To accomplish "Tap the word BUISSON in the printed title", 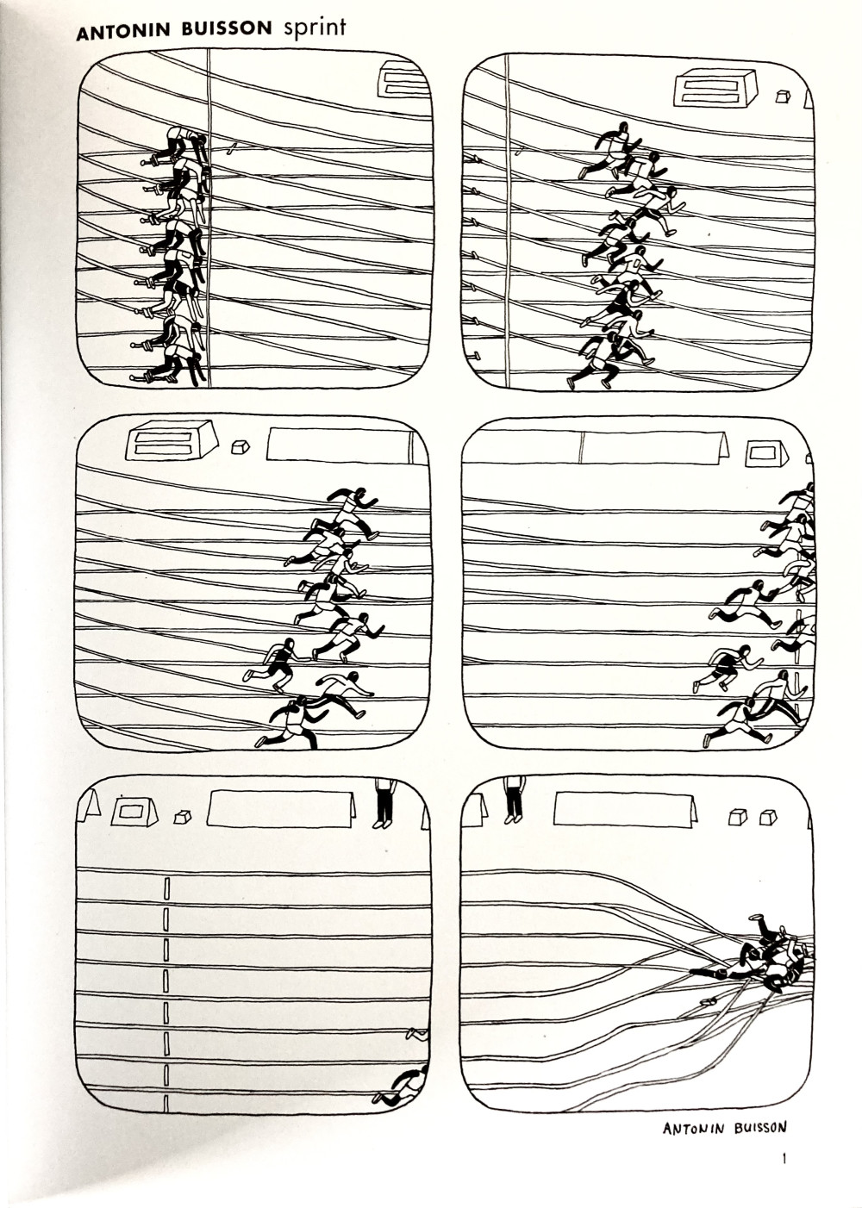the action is [227, 31].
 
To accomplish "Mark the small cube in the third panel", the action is [240, 447].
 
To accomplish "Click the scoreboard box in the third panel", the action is [172, 440].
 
